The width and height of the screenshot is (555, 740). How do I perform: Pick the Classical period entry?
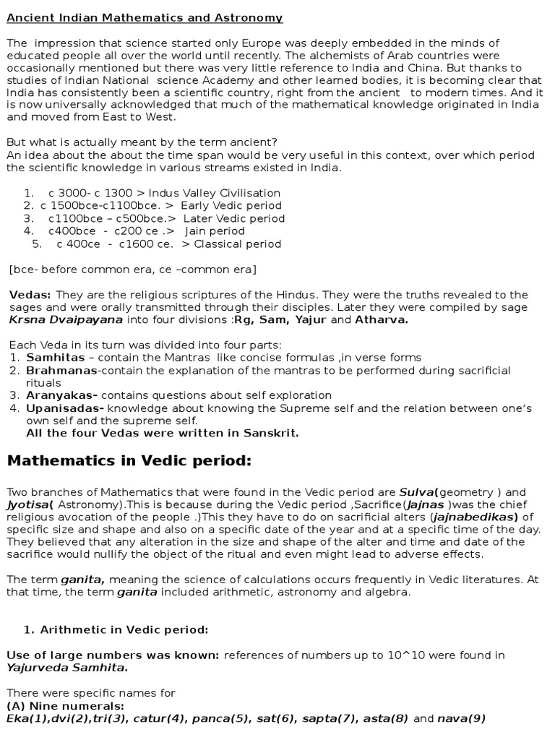tap(238, 244)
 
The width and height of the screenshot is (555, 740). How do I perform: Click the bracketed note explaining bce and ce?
tap(132, 270)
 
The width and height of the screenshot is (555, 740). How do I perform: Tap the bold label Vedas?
tap(30, 295)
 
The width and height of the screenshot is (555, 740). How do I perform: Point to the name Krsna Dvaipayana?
tap(66, 319)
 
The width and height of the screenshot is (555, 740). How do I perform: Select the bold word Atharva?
tap(382, 319)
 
